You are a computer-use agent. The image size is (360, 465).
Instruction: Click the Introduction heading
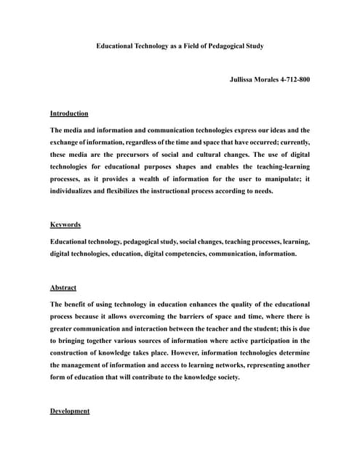[x=69, y=113]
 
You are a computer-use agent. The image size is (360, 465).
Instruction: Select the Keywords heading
[x=65, y=225]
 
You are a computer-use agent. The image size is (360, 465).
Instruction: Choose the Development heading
[x=70, y=411]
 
